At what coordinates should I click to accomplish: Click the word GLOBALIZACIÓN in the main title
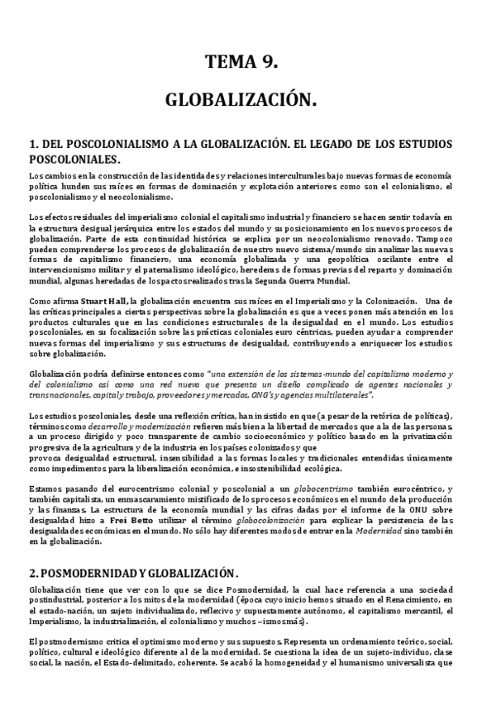[x=241, y=101]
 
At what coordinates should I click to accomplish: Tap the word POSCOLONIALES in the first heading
[x=74, y=160]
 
